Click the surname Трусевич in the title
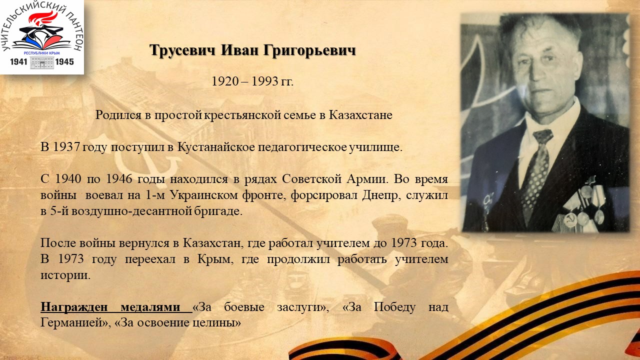click(182, 50)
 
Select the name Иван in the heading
click(239, 50)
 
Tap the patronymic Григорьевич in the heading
click(309, 51)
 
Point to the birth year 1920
click(225, 81)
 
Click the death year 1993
click(265, 81)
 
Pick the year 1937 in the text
click(66, 147)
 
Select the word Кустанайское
click(216, 147)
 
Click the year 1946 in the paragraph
click(119, 179)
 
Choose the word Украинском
click(204, 195)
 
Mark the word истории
click(65, 275)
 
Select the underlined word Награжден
click(74, 307)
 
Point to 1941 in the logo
click(18, 62)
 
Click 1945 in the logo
click(64, 62)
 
